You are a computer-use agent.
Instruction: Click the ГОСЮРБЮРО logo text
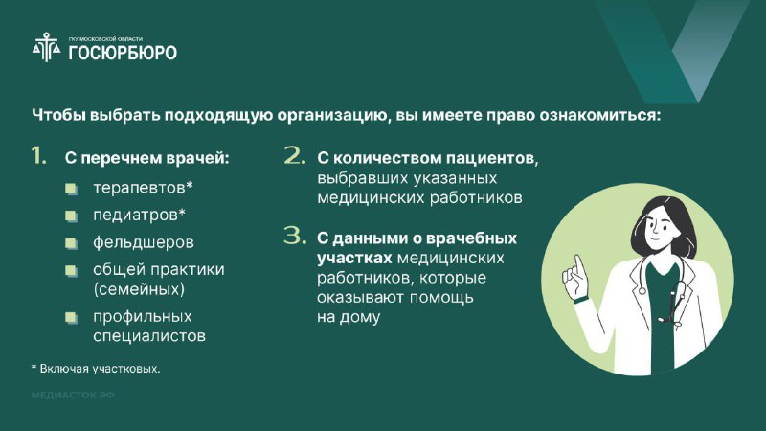tap(123, 53)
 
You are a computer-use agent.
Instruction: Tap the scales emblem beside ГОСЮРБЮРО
tap(46, 47)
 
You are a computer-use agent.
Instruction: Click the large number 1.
tap(38, 155)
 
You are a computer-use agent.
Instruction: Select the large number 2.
tap(295, 155)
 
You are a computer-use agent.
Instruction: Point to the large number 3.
tap(295, 236)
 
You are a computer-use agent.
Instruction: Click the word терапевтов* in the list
tap(143, 188)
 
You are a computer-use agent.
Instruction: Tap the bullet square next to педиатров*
tap(71, 215)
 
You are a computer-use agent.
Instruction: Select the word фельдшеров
tap(143, 242)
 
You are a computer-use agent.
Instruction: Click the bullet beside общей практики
tap(71, 270)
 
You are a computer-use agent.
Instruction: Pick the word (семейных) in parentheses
tap(139, 289)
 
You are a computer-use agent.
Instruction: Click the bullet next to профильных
tap(71, 318)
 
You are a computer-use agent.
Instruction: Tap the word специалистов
tap(149, 336)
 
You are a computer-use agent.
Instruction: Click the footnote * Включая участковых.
tap(96, 369)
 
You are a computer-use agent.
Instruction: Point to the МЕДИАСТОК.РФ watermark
tap(73, 395)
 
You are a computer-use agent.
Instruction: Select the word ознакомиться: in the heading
tap(600, 115)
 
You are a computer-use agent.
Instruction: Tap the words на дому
tap(349, 317)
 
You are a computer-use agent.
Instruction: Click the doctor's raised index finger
tap(579, 267)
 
